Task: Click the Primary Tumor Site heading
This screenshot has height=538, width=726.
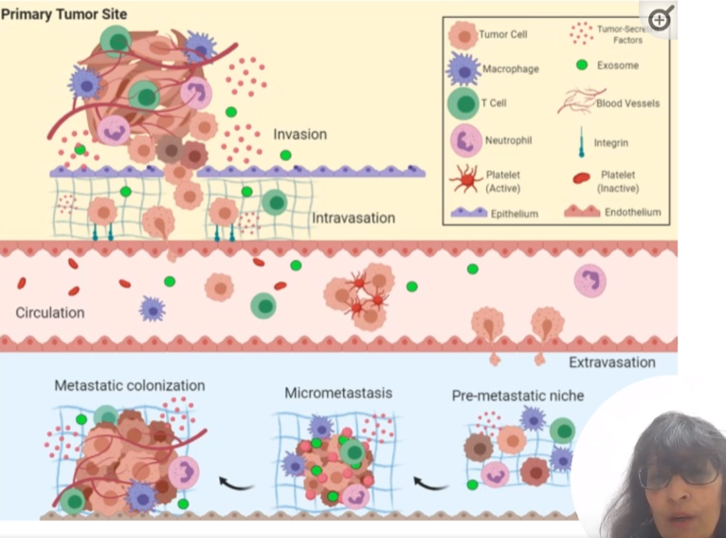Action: pos(64,13)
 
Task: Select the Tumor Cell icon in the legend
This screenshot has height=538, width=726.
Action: pos(463,35)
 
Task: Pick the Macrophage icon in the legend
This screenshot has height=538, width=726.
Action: pos(463,69)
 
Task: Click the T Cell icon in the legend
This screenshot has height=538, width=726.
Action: pos(463,104)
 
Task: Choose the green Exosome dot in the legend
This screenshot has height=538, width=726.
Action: pos(581,65)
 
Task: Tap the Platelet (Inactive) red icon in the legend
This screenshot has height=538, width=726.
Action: pos(581,177)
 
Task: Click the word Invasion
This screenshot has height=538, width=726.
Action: pos(299,134)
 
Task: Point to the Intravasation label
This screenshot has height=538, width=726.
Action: pos(354,218)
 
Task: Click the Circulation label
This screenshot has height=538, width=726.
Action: pos(50,312)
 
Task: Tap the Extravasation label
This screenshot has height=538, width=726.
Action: pos(611,362)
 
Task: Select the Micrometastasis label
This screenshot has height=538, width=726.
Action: pos(338,393)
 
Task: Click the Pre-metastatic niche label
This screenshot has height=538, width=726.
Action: pos(517,396)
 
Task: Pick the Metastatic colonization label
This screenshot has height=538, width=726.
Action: pos(129,386)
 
